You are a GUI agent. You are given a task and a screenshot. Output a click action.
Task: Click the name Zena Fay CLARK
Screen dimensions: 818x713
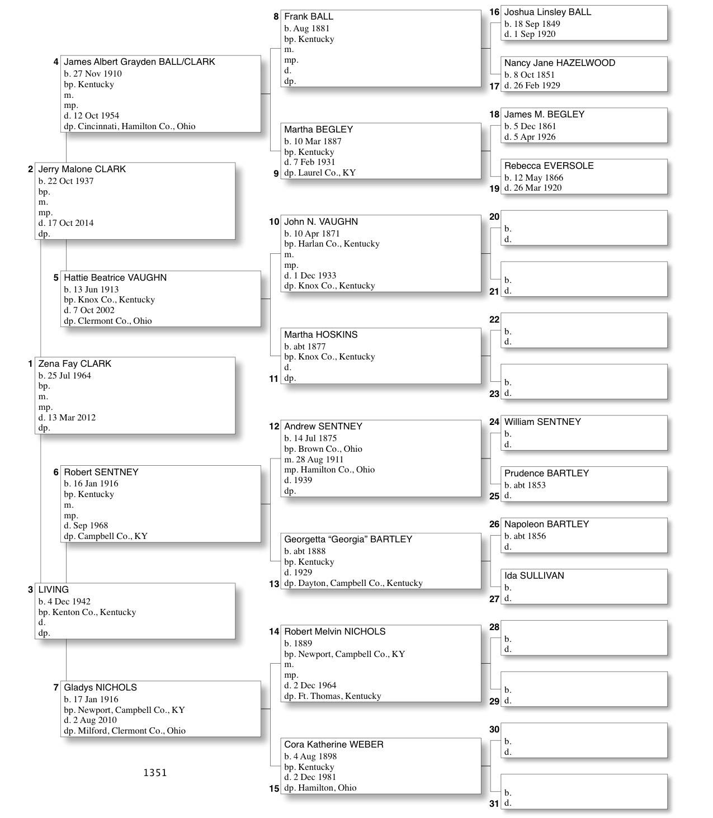click(x=74, y=364)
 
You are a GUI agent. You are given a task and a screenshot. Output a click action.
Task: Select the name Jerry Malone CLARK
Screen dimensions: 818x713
click(x=82, y=169)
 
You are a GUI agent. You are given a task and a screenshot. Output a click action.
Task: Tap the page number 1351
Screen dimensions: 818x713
click(x=155, y=773)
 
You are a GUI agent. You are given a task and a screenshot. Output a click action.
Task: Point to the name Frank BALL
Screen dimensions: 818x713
click(x=308, y=17)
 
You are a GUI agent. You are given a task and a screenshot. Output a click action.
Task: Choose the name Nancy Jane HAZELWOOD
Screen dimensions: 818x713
click(x=559, y=63)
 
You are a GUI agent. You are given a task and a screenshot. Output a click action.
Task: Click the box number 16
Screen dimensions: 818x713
click(x=494, y=12)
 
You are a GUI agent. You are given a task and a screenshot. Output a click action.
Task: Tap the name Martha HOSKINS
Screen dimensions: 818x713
click(x=320, y=335)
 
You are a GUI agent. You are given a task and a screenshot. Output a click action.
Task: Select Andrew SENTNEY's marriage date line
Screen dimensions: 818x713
click(x=314, y=460)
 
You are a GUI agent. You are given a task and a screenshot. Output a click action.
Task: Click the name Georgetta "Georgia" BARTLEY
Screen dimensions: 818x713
click(x=348, y=540)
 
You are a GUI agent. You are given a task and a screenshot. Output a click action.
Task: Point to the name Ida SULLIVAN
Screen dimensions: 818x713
click(x=533, y=576)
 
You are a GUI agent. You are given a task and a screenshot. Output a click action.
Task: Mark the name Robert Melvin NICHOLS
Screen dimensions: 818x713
click(x=334, y=632)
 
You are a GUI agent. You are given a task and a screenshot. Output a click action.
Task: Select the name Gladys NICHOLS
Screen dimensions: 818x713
click(x=100, y=688)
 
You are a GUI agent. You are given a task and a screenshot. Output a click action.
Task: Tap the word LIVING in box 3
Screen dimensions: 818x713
click(x=53, y=590)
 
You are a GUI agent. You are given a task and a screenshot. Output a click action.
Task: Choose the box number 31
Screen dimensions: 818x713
click(x=494, y=804)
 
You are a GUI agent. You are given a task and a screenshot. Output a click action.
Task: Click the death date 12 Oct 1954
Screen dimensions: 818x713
click(x=96, y=116)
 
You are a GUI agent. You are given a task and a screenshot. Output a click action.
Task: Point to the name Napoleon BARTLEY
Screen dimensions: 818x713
click(x=546, y=524)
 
